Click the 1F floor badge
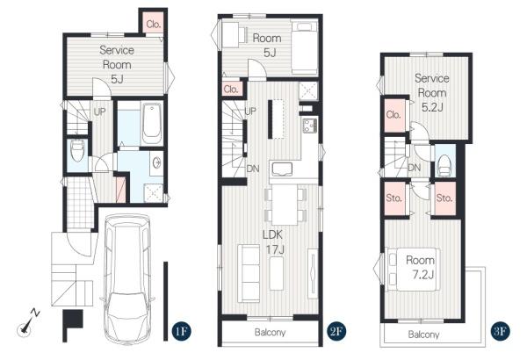pos(181,331)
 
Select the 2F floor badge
pos(336,331)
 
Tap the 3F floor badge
pos(501,331)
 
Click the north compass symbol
pos(28,322)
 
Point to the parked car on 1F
pos(127,278)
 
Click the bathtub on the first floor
pos(152,124)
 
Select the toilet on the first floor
pos(77,151)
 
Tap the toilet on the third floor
pos(444,165)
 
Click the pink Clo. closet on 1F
pos(154,23)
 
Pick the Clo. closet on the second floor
pos(232,89)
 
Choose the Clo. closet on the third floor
pos(393,115)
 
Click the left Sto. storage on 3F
pos(393,198)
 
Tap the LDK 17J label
pos(274,242)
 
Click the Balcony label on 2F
pos(270,333)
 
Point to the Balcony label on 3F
pos(423,335)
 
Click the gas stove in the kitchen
pos(309,126)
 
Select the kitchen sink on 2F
pos(282,169)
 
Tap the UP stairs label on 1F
pos(99,112)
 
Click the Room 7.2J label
pos(421,267)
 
